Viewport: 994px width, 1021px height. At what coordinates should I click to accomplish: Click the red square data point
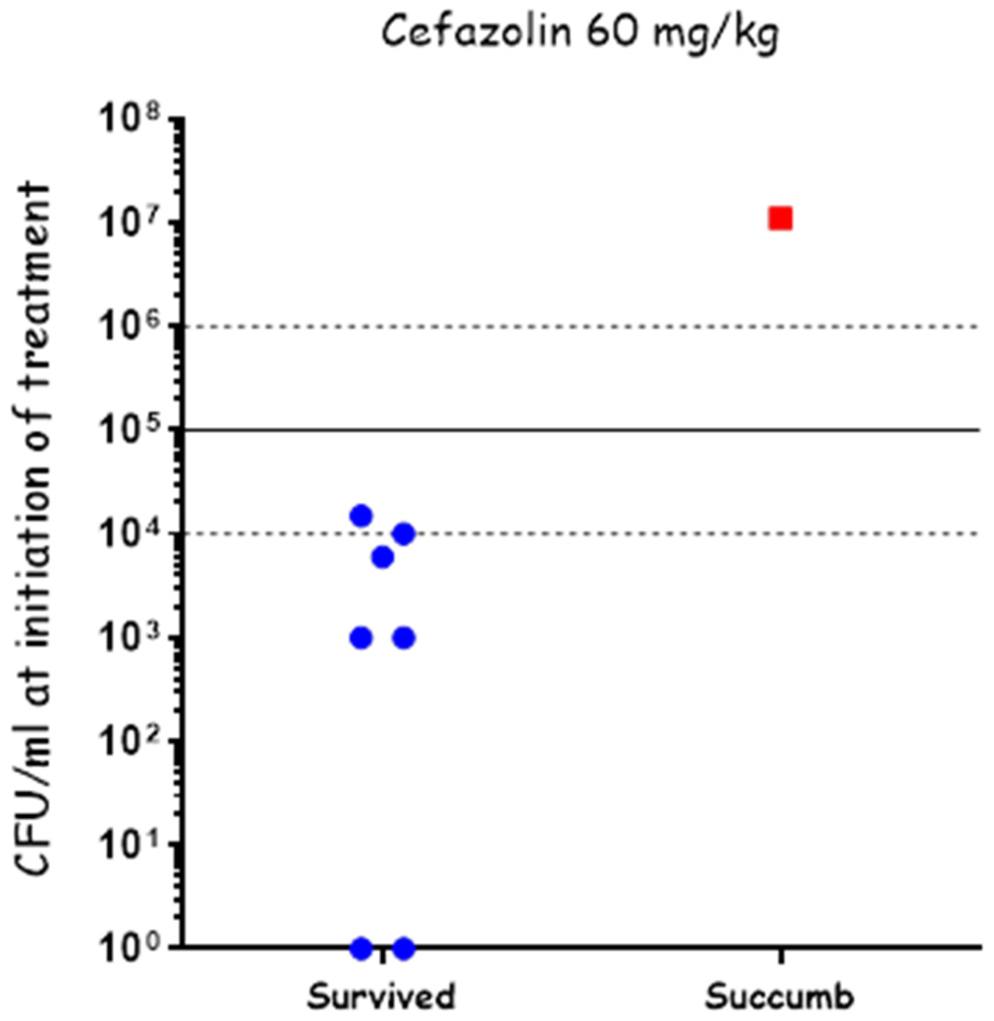(x=780, y=219)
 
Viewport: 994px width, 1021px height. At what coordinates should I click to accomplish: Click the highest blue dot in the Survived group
(x=361, y=516)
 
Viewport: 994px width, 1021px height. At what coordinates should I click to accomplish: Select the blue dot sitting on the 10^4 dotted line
(x=404, y=534)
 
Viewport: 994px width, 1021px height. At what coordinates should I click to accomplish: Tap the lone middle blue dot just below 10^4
(x=382, y=557)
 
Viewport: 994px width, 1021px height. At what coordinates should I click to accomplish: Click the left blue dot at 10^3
(x=361, y=638)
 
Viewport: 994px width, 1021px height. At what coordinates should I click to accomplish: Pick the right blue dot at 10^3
(x=404, y=638)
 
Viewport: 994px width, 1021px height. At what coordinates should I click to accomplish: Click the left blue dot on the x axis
(x=361, y=948)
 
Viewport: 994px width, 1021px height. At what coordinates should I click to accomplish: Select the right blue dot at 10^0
(x=404, y=948)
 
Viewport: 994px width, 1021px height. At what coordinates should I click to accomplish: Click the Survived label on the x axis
(x=381, y=996)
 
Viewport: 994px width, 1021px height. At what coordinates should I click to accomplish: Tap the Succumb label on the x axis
(x=779, y=996)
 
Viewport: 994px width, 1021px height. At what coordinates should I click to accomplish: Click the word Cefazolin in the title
(x=476, y=32)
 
